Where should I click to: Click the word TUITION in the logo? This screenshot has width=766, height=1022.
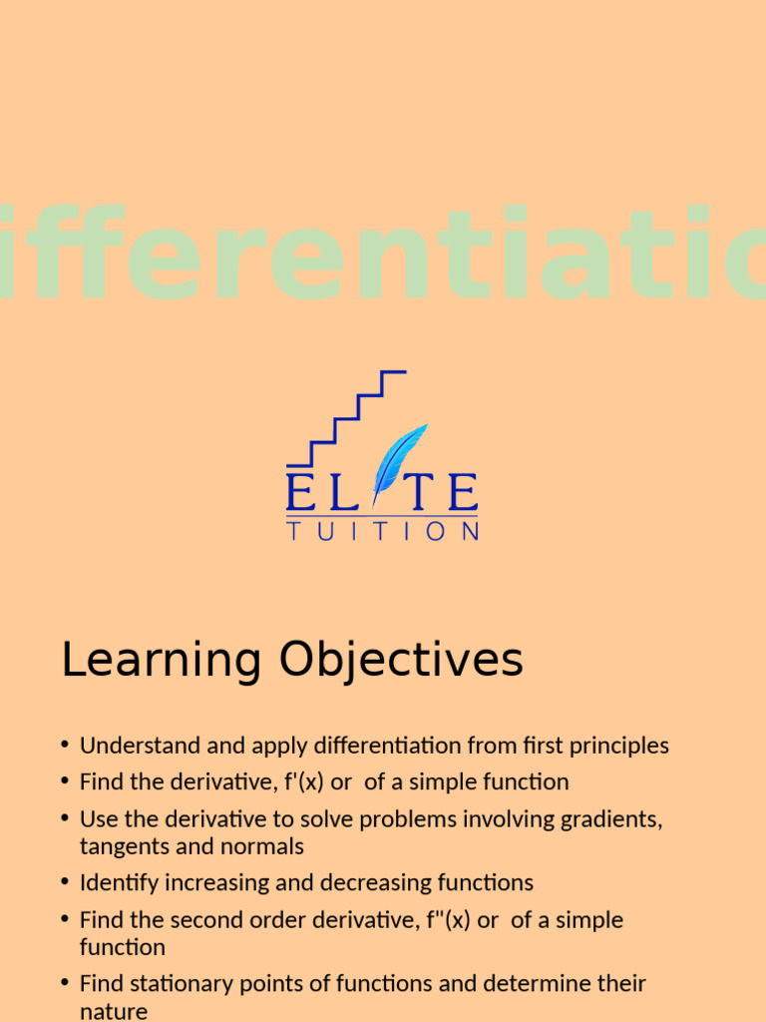[382, 531]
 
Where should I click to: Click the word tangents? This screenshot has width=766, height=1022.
[121, 846]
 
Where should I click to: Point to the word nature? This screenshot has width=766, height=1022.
[114, 1011]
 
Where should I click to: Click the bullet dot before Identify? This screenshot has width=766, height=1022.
[65, 883]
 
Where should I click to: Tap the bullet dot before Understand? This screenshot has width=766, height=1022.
[65, 746]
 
